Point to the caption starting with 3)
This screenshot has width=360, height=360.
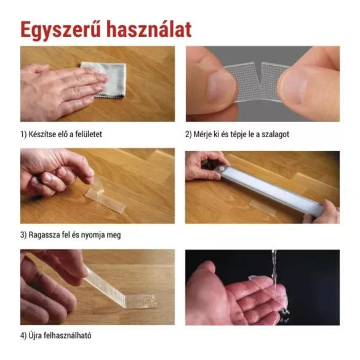(x=73, y=234)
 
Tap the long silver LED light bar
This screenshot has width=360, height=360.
(x=271, y=187)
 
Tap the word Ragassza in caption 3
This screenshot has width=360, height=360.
(x=47, y=234)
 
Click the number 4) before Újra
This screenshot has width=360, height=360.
(x=24, y=335)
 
